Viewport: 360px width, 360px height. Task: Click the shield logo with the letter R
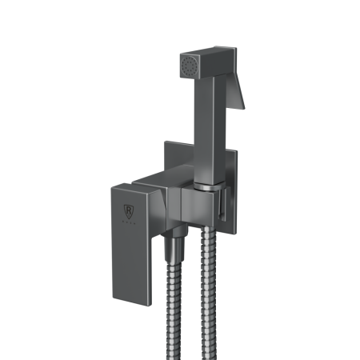[x=127, y=213]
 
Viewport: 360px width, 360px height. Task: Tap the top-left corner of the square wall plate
[x=166, y=143]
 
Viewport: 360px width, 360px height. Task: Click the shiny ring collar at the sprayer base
[x=206, y=187]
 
